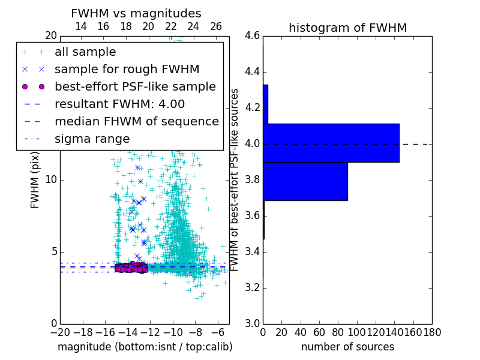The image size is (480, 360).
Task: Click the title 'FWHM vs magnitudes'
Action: click(x=136, y=13)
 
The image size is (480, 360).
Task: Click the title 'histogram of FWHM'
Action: click(x=347, y=28)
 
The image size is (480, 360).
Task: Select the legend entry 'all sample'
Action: click(x=85, y=52)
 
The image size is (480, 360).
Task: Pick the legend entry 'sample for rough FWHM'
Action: click(x=127, y=69)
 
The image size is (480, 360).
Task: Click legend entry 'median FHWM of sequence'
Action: click(x=136, y=121)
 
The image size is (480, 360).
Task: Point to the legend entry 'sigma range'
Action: click(x=92, y=139)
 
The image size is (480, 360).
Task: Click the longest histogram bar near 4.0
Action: click(x=331, y=143)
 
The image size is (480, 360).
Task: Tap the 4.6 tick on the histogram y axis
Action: click(x=252, y=36)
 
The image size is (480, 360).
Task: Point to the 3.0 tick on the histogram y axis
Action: click(x=252, y=323)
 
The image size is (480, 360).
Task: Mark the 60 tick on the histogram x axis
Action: click(x=319, y=332)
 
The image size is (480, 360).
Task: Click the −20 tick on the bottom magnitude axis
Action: click(x=60, y=332)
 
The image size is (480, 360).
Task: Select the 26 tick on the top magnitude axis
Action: click(x=216, y=26)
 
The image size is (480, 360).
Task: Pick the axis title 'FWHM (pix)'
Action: click(x=35, y=181)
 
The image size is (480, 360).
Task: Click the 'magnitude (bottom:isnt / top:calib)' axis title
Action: click(x=145, y=347)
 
